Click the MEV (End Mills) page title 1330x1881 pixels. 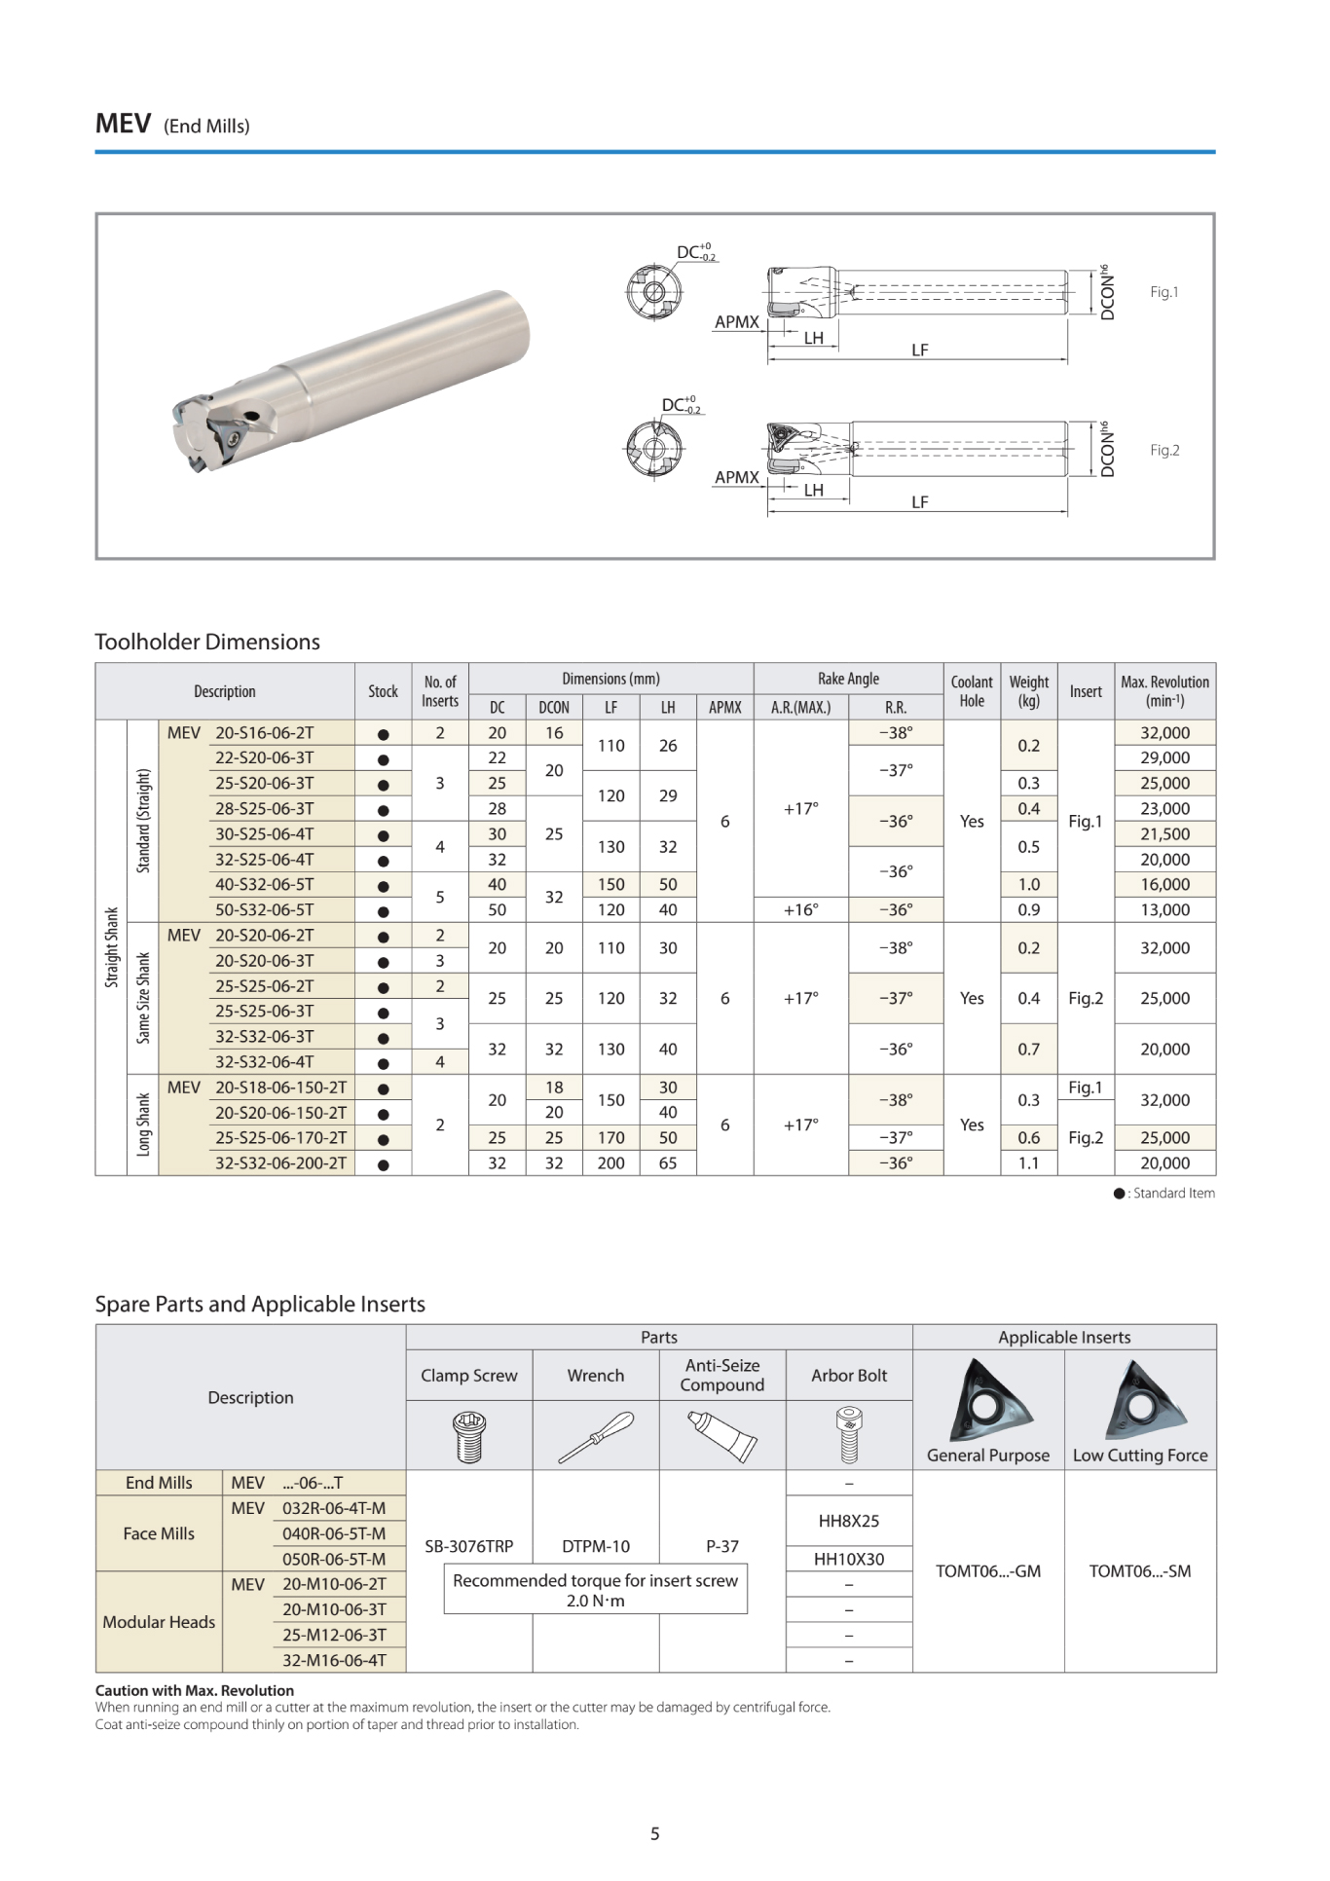tap(172, 125)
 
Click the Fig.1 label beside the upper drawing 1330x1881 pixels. tap(1164, 292)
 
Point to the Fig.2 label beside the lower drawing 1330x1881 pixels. tap(1164, 450)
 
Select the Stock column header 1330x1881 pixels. tap(383, 691)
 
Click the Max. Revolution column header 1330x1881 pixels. tap(1164, 691)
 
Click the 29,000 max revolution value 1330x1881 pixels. tap(1164, 757)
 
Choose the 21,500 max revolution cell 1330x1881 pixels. tap(1164, 833)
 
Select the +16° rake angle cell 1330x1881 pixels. tap(800, 909)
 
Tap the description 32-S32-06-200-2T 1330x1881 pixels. tap(280, 1162)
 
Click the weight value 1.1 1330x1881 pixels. tap(1028, 1162)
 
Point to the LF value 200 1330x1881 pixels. tap(610, 1162)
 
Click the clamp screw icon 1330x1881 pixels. tap(469, 1436)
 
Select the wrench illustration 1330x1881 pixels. tap(595, 1436)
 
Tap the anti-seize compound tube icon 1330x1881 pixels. tap(721, 1436)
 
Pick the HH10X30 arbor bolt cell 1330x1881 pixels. tap(848, 1559)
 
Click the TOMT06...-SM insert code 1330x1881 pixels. tap(1139, 1570)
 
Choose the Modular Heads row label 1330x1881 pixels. tap(159, 1621)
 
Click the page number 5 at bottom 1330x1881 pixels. tap(654, 1833)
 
